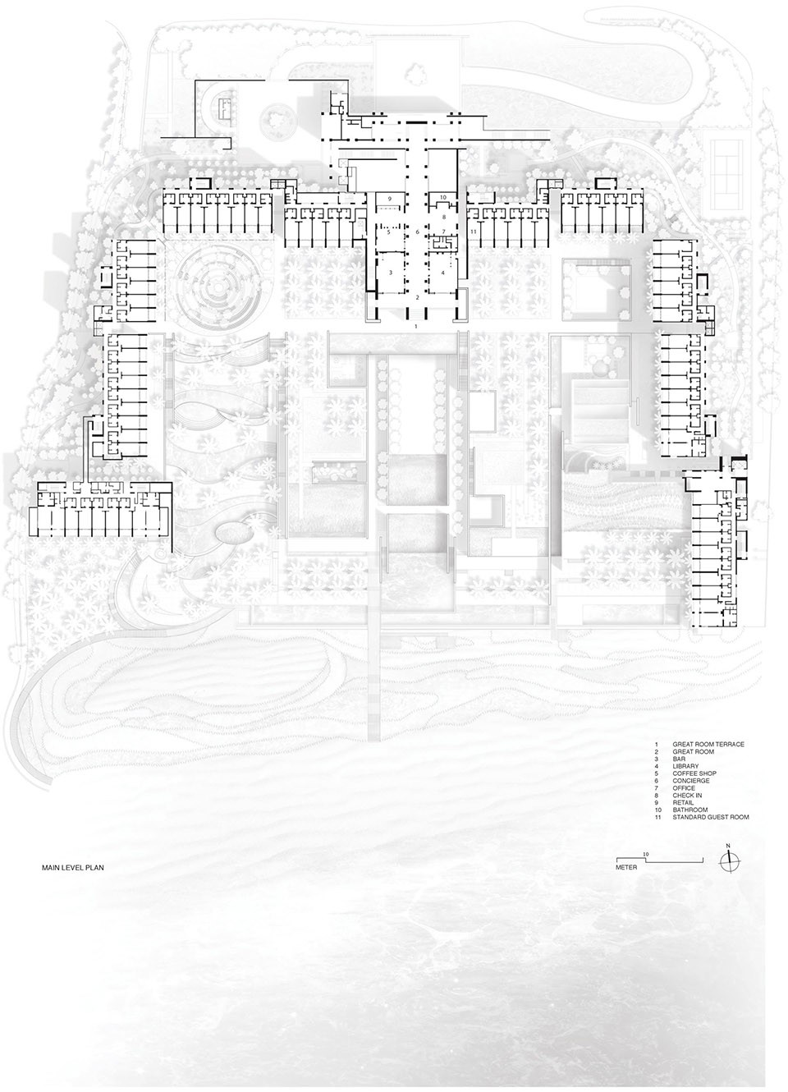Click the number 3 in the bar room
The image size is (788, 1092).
(x=391, y=273)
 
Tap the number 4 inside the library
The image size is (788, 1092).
(x=442, y=273)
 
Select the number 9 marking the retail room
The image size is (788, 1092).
(x=389, y=199)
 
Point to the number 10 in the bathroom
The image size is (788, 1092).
(x=442, y=197)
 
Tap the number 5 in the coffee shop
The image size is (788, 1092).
(x=388, y=232)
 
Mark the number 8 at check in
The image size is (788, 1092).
(x=444, y=217)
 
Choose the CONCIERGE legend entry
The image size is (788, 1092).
(x=691, y=781)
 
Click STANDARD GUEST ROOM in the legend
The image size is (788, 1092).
(x=711, y=817)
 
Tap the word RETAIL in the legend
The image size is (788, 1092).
(x=683, y=802)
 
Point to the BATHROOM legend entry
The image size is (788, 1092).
(x=689, y=810)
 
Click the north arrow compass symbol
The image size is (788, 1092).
(x=728, y=862)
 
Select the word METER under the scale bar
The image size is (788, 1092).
(x=626, y=868)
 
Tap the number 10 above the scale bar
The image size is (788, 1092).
(x=646, y=854)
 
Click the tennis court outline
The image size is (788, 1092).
(x=730, y=162)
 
